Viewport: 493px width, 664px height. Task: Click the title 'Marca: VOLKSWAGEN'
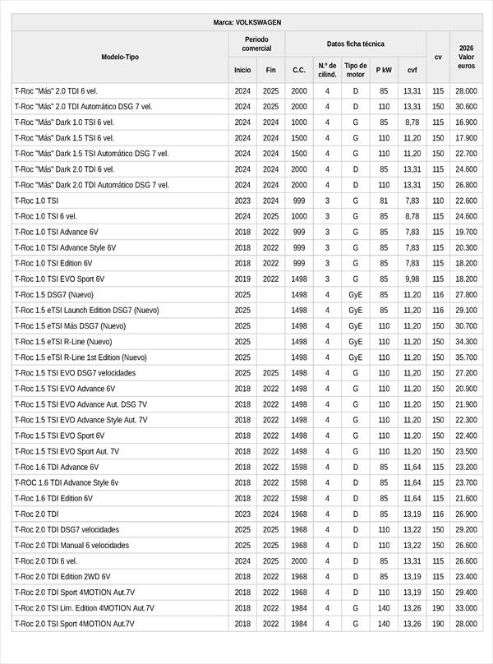pos(246,23)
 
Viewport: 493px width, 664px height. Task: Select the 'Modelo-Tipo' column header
pos(120,57)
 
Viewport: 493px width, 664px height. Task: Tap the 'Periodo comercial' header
pos(256,44)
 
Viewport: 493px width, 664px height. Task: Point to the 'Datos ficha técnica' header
pos(355,44)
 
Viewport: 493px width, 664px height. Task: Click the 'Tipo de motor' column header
pos(356,70)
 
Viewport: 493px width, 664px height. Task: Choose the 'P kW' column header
pos(384,70)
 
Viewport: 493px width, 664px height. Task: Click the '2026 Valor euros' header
pos(467,57)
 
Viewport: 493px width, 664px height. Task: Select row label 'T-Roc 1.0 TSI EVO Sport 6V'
pos(59,279)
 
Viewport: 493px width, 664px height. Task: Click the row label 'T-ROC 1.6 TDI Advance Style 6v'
pos(67,482)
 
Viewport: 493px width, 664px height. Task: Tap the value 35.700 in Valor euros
pos(467,357)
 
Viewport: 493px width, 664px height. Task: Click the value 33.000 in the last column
pos(467,608)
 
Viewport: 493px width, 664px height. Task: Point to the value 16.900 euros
pos(467,122)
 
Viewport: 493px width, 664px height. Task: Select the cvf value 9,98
pos(412,279)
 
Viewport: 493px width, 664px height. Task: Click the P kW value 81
pos(384,201)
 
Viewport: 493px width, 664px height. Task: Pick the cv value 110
pos(438,201)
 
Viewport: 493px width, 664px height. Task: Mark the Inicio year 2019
pos(242,279)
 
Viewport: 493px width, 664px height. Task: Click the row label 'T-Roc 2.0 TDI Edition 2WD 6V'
pos(62,577)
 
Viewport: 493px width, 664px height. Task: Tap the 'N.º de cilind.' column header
pos(327,70)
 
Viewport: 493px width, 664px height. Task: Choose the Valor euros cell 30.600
pos(467,107)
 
